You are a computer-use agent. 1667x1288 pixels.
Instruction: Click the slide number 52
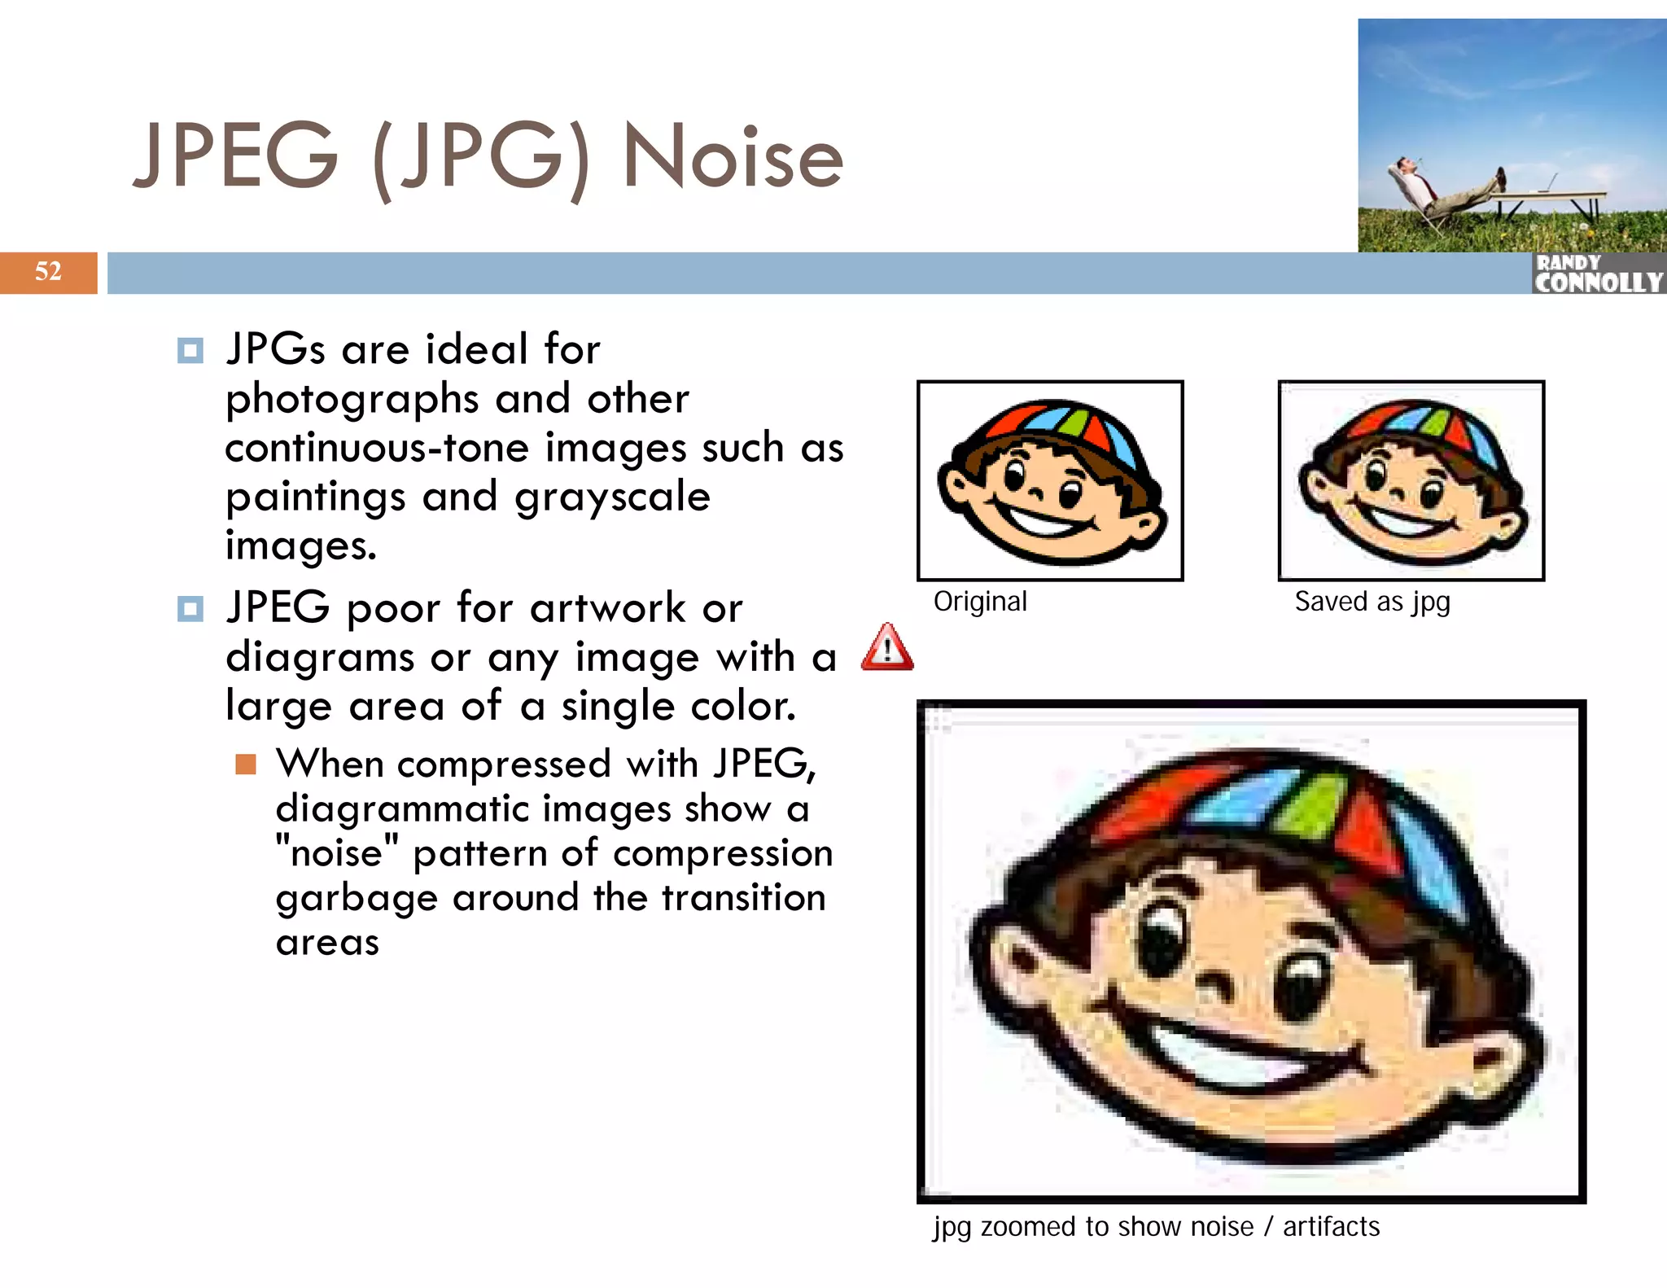48,271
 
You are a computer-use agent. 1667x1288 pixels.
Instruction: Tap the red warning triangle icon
887,648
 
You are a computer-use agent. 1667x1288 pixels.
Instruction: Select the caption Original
980,602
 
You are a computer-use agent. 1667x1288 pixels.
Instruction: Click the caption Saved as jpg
1372,602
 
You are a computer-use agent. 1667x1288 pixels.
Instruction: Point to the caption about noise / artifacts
1156,1226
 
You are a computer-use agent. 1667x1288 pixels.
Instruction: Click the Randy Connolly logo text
1597,274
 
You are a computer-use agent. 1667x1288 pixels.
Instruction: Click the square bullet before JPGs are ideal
190,351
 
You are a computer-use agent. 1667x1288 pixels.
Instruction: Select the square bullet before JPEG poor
190,609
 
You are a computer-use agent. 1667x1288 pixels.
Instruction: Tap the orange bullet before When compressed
246,764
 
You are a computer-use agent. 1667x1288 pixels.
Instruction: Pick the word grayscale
612,497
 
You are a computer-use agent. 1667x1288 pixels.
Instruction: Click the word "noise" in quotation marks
337,854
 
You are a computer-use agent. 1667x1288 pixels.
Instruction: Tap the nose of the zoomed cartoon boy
1219,984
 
